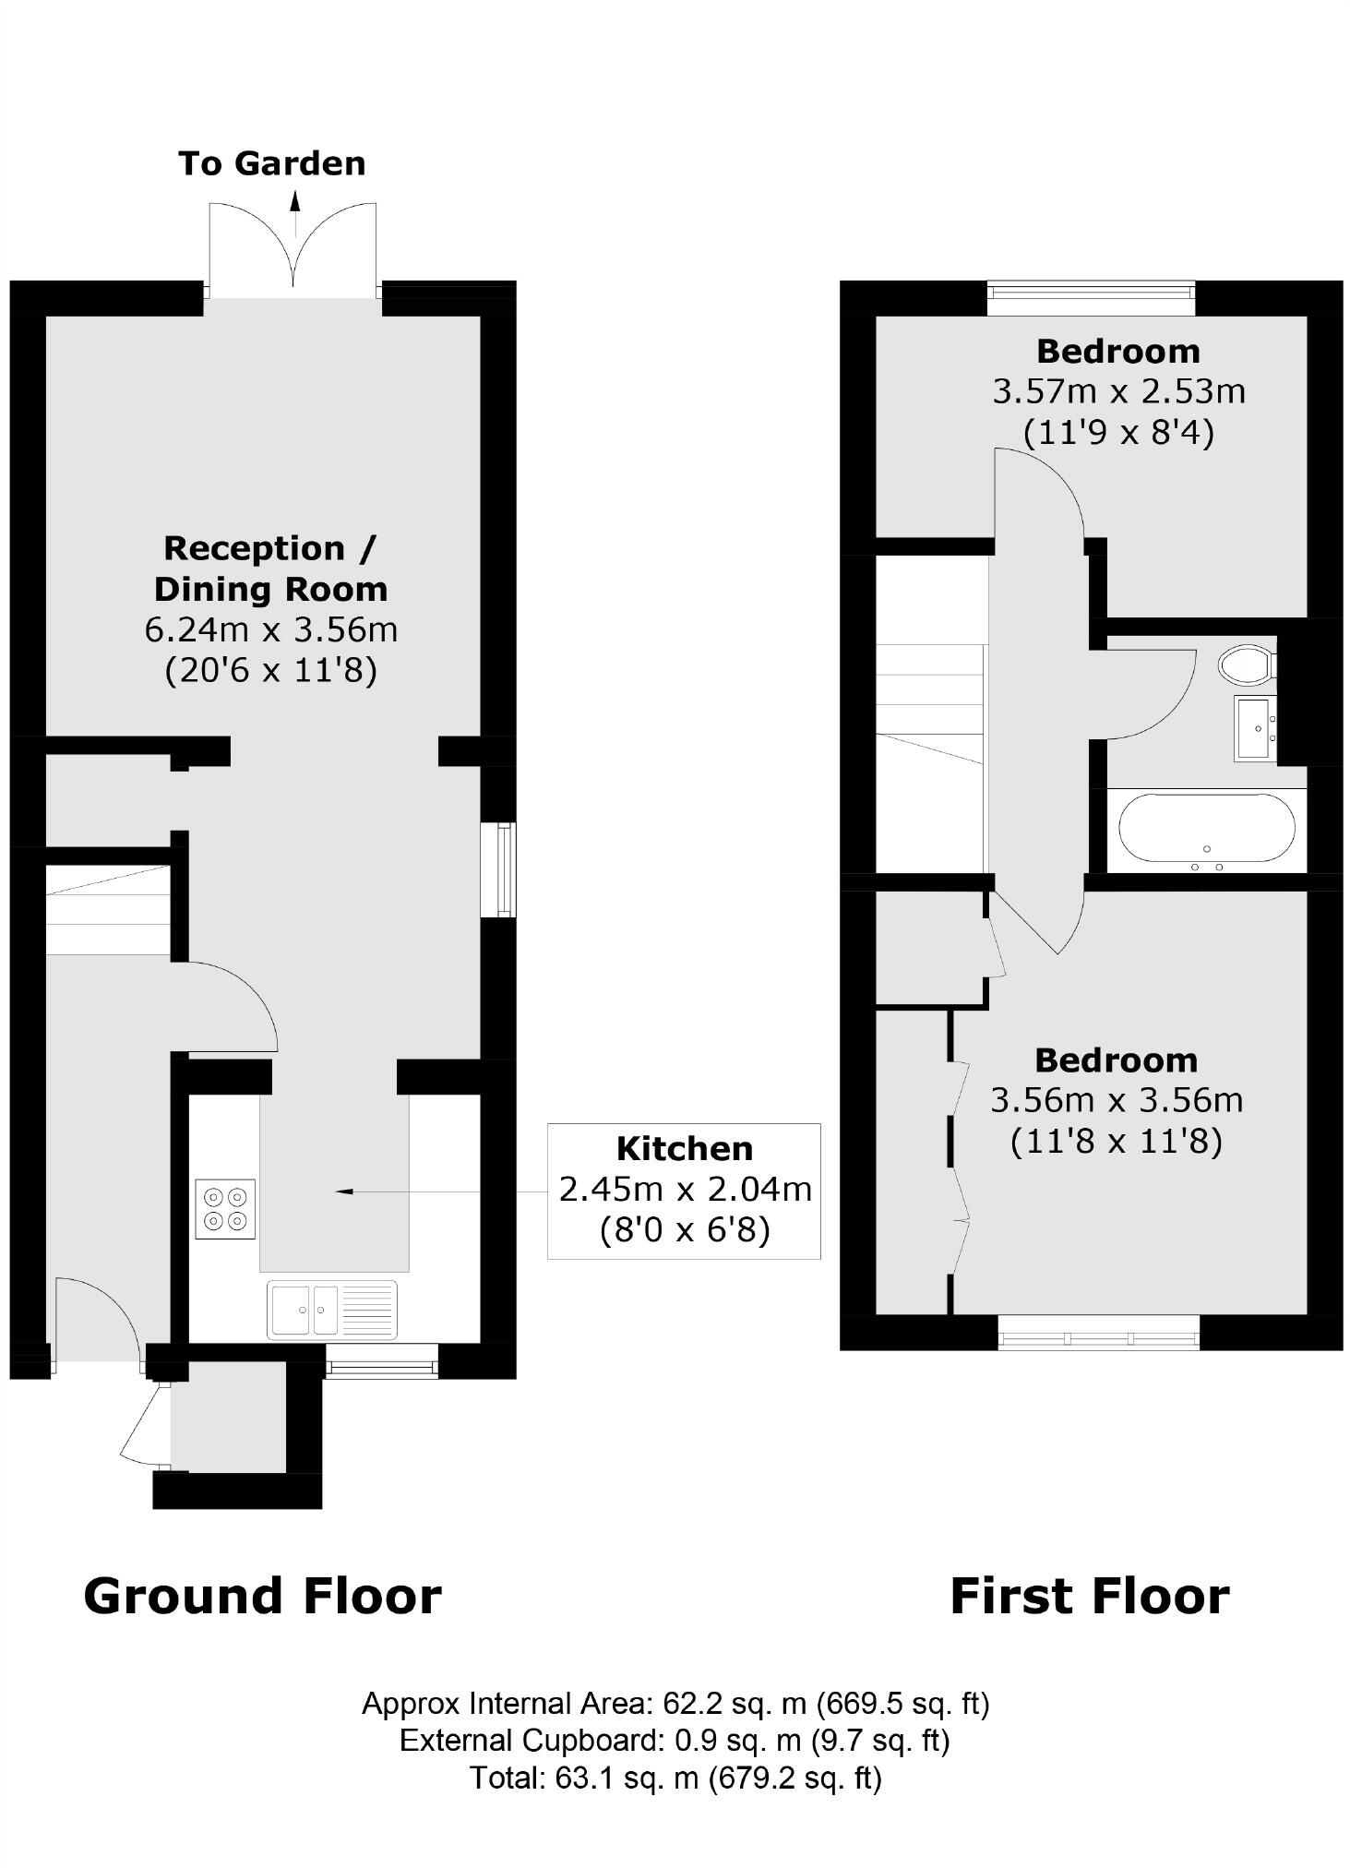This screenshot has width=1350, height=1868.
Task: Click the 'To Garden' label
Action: click(x=271, y=163)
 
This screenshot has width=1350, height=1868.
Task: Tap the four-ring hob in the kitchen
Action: click(x=226, y=1209)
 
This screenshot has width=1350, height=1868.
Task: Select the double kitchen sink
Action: click(x=332, y=1309)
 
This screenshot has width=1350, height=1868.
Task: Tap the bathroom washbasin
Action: click(x=1255, y=728)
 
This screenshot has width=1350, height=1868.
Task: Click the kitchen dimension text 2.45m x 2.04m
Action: click(x=685, y=1190)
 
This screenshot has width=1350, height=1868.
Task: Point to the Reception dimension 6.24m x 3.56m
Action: click(x=270, y=629)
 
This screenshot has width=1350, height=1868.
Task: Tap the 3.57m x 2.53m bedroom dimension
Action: click(x=1118, y=391)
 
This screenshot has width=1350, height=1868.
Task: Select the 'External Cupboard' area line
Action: click(x=674, y=1740)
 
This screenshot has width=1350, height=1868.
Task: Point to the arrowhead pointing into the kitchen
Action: click(x=344, y=1191)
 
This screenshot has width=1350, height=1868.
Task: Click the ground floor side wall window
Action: click(x=505, y=870)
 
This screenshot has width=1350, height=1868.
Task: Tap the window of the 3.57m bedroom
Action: click(x=1091, y=297)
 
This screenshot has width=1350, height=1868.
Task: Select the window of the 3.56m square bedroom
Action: click(x=1098, y=1332)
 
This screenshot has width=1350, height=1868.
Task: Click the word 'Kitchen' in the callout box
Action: click(x=684, y=1148)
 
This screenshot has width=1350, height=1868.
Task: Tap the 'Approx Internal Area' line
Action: click(x=675, y=1703)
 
